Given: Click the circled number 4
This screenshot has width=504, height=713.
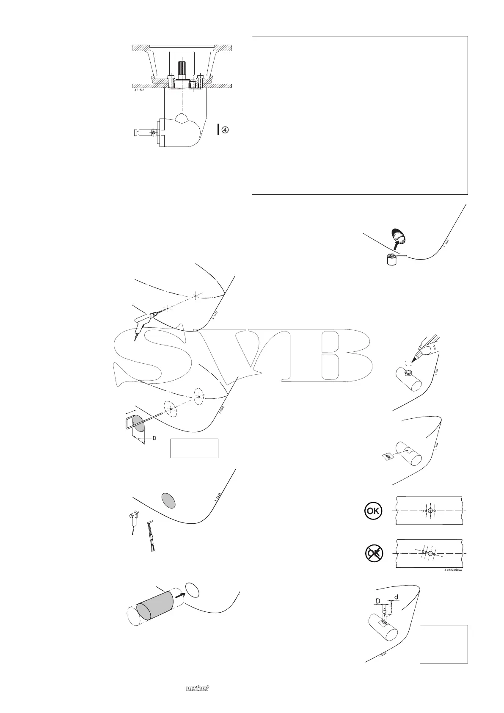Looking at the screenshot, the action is pyautogui.click(x=226, y=130).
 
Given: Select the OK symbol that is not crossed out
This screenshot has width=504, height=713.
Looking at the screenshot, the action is pyautogui.click(x=373, y=511).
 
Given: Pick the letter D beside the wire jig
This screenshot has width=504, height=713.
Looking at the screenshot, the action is pyautogui.click(x=154, y=438).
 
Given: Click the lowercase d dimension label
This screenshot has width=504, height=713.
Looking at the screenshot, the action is pyautogui.click(x=396, y=597).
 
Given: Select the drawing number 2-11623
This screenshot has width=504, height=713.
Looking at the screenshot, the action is pyautogui.click(x=137, y=90).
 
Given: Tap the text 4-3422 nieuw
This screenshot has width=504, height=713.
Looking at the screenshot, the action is pyautogui.click(x=453, y=570).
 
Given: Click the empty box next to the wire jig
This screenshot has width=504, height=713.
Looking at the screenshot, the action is pyautogui.click(x=194, y=448).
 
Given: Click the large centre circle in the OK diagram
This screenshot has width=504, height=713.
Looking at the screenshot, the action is pyautogui.click(x=430, y=511).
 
